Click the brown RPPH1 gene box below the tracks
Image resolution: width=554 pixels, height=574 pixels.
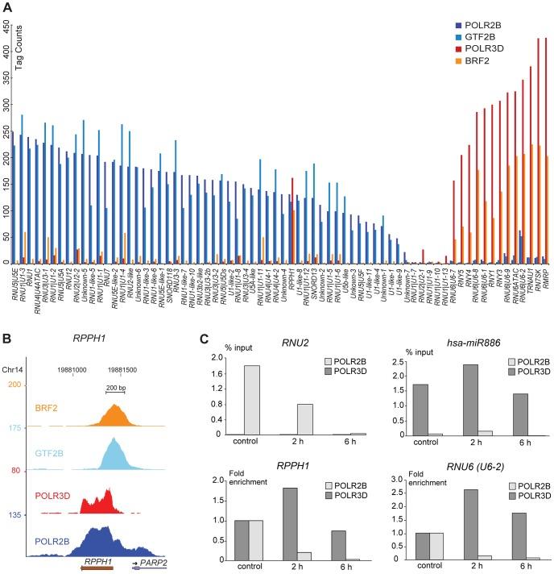(97, 568)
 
